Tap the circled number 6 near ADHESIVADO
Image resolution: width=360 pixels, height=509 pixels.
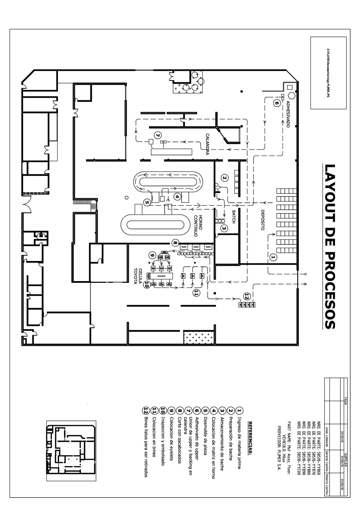pos(276,102)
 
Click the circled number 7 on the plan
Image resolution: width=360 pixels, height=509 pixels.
pos(157,135)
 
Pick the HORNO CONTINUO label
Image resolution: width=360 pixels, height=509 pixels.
pos(198,226)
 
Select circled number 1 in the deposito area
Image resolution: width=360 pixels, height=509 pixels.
pos(273,257)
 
